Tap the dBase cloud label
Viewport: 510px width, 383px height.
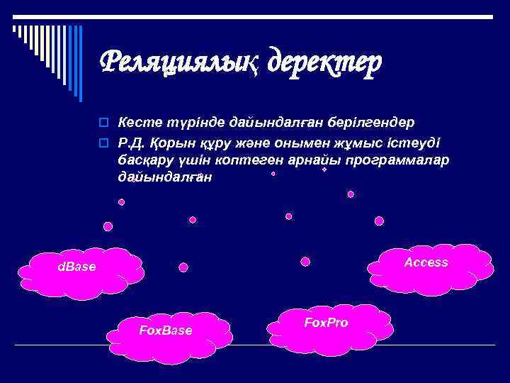pyautogui.click(x=76, y=267)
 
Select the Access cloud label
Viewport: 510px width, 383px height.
pyautogui.click(x=426, y=262)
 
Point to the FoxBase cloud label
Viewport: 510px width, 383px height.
pyautogui.click(x=165, y=331)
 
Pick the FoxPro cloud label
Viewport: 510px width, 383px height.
pyautogui.click(x=326, y=323)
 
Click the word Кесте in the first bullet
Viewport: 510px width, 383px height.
pyautogui.click(x=137, y=122)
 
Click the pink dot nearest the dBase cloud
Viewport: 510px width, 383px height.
pyautogui.click(x=108, y=227)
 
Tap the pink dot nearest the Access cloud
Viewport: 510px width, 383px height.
pyautogui.click(x=380, y=221)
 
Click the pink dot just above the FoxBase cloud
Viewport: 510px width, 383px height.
pyautogui.click(x=183, y=267)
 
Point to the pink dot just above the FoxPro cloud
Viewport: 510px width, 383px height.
pyautogui.click(x=305, y=261)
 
